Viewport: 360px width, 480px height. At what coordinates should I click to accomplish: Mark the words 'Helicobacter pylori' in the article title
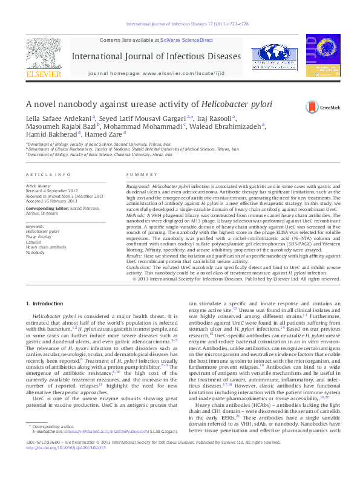point(237,103)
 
